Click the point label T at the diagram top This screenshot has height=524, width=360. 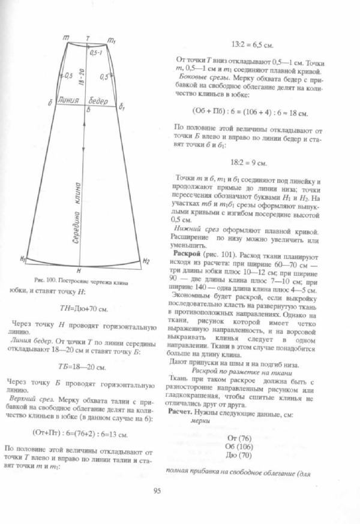coord(88,38)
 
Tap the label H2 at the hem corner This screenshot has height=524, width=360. coord(146,261)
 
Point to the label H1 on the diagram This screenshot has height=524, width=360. coord(23,259)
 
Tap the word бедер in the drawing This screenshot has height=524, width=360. coord(99,100)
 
